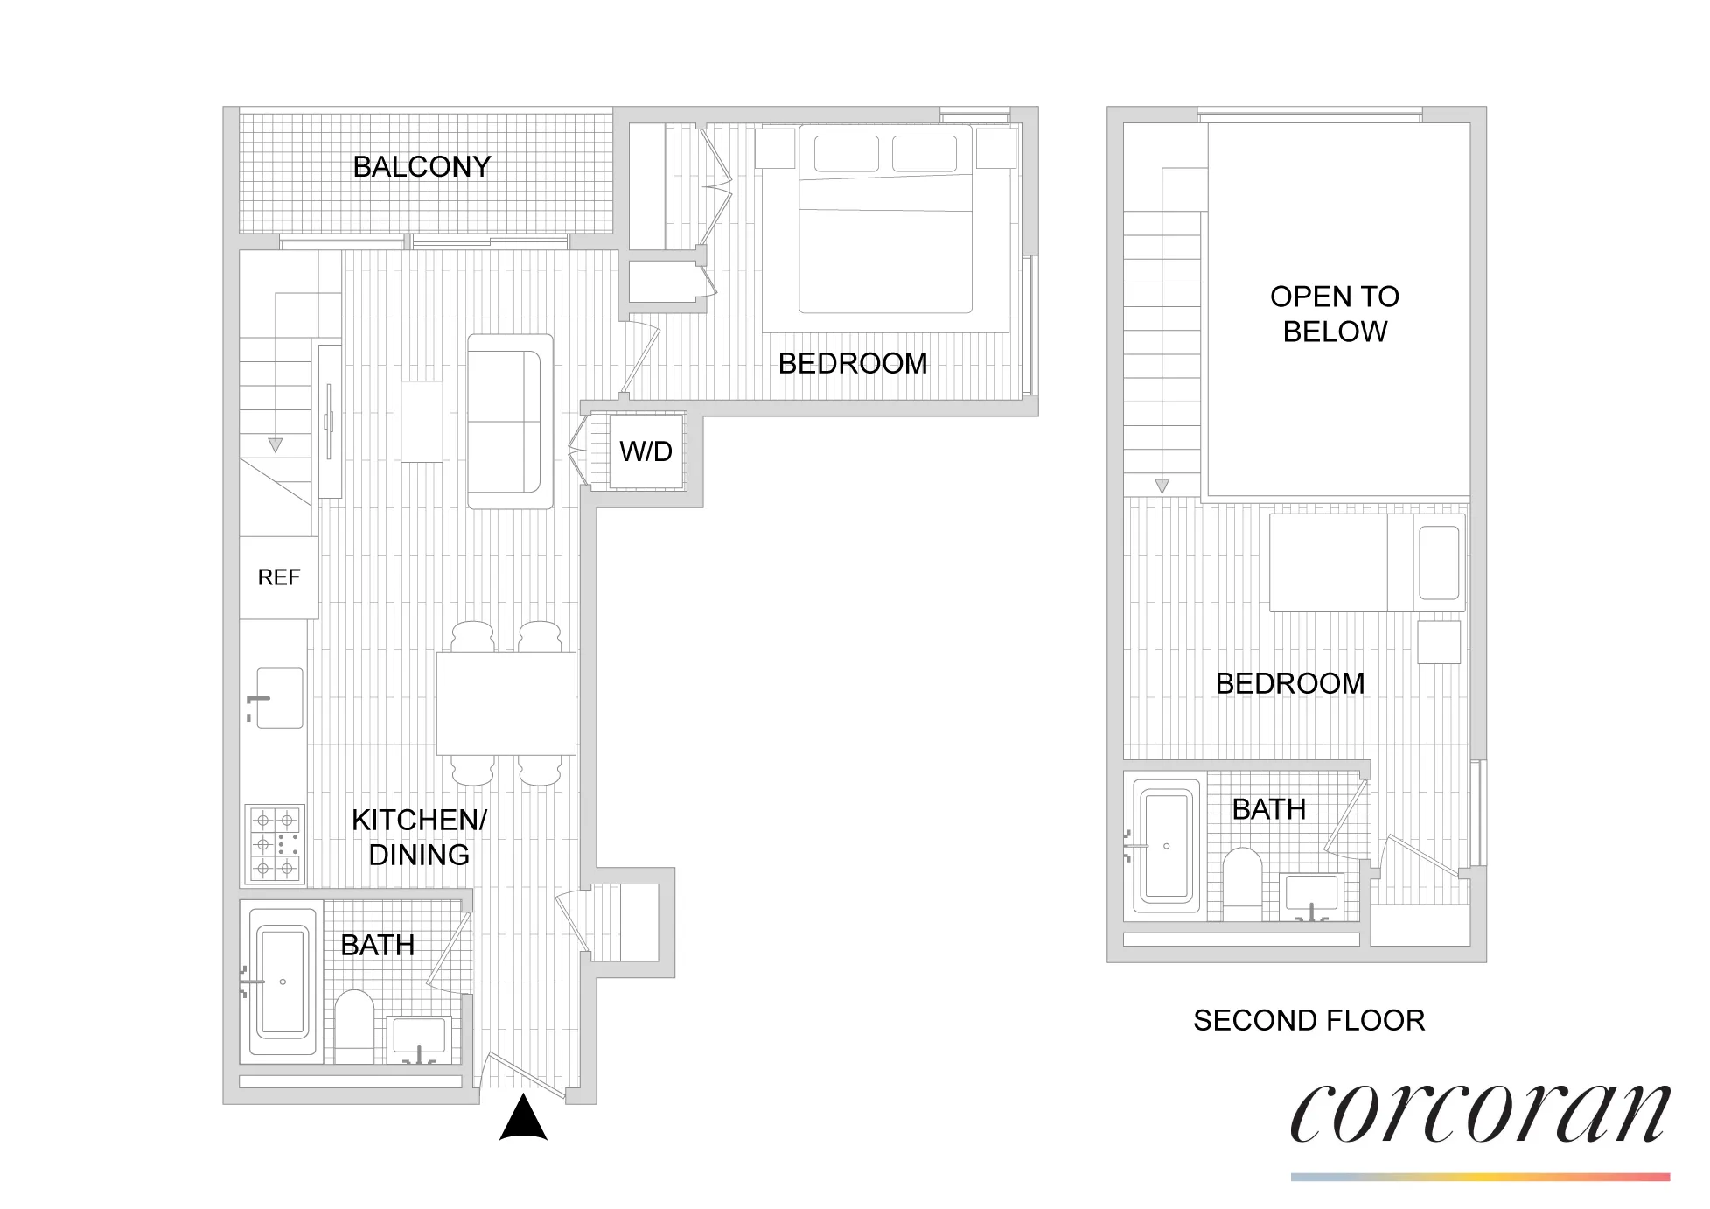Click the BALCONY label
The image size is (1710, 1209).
point(422,166)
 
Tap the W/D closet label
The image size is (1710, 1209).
point(646,451)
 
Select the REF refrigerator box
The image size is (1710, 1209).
point(278,577)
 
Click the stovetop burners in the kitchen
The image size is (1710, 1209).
point(275,843)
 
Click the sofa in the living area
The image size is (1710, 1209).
point(509,421)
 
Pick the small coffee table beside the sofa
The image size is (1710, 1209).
point(422,421)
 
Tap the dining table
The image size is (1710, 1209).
point(506,702)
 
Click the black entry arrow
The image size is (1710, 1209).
point(523,1119)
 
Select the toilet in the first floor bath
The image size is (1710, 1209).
point(354,1026)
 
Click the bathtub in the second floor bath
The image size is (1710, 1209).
point(1166,846)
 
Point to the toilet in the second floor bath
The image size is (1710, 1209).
point(1241,883)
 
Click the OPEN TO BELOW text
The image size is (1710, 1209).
point(1334,314)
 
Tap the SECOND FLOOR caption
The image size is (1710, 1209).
point(1309,1020)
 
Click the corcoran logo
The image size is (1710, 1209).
point(1479,1114)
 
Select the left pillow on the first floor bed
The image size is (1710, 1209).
point(846,154)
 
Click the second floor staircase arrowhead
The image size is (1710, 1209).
point(1162,486)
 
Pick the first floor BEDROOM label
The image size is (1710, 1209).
point(852,363)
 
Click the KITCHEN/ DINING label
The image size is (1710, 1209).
point(419,837)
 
